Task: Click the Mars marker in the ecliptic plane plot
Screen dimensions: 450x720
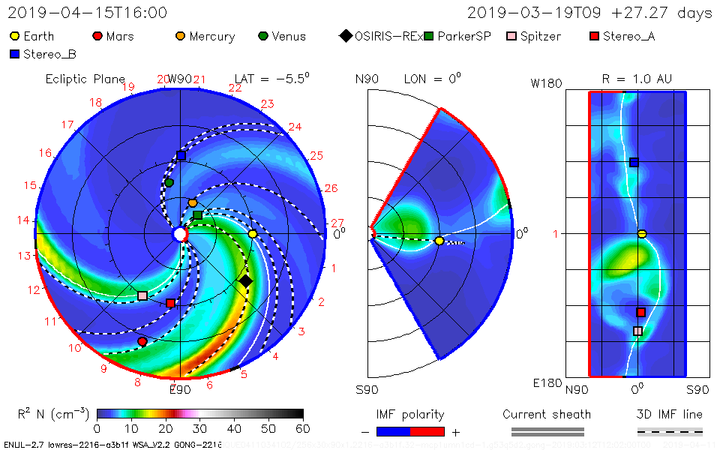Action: [142, 341]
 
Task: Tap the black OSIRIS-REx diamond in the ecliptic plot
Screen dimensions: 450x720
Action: [245, 281]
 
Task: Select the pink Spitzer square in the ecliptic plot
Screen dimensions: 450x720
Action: [142, 295]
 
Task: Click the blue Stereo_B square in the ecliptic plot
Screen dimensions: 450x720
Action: [181, 156]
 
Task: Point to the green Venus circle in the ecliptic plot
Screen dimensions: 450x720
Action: [169, 182]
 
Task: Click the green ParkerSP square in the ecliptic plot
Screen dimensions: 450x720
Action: [197, 215]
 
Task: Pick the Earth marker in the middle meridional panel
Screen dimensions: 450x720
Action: [439, 241]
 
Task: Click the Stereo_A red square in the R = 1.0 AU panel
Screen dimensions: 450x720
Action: [641, 312]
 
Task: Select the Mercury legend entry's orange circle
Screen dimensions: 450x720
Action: [180, 36]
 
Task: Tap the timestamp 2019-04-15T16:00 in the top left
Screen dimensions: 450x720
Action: [88, 13]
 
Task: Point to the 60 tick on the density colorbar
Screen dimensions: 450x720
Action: [303, 428]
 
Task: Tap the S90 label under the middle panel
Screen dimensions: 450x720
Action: [367, 389]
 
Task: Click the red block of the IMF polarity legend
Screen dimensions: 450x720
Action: [427, 431]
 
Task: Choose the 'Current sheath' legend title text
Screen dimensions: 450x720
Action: [547, 414]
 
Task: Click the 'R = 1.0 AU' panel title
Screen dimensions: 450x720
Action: [637, 79]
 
